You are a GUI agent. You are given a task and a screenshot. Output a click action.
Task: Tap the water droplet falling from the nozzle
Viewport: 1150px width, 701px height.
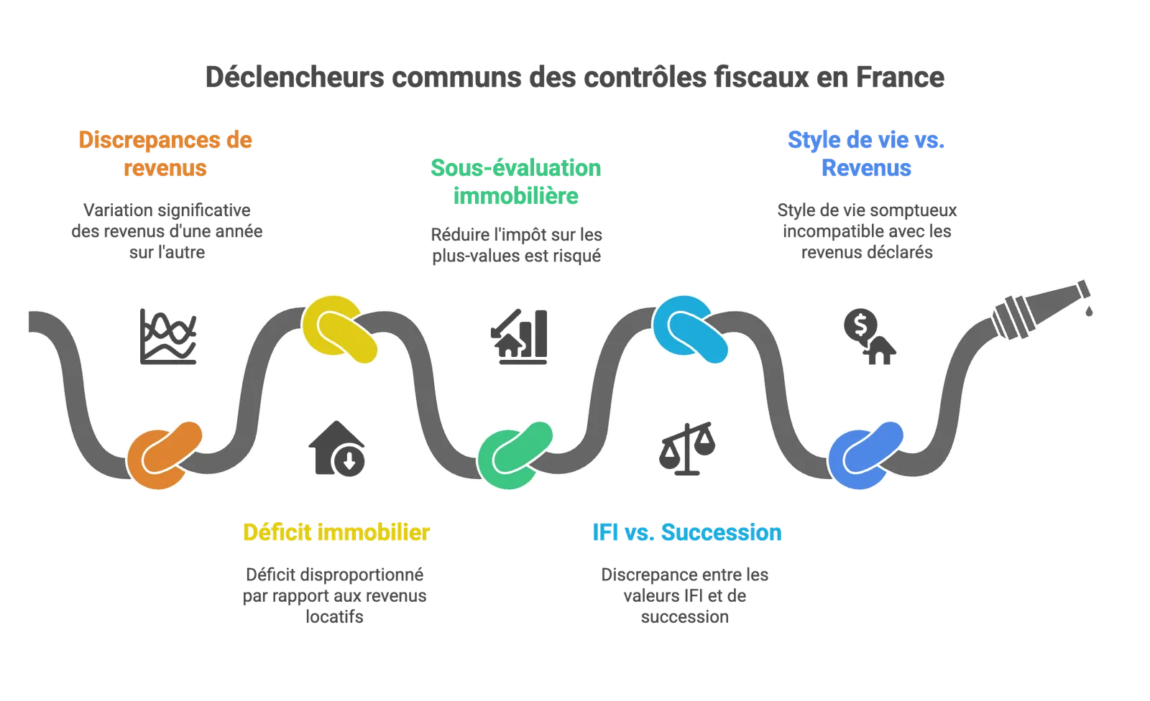point(1088,310)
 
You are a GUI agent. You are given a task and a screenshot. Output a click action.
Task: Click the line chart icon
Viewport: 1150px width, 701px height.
point(168,337)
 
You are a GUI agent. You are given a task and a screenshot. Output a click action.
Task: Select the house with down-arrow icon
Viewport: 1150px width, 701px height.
point(337,448)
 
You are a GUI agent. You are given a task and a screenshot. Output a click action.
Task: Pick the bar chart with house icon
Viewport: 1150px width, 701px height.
point(519,337)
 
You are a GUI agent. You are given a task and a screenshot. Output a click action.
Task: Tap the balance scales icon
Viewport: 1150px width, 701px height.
point(687,448)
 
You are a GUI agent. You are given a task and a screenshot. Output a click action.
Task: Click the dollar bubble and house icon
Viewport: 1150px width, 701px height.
point(870,337)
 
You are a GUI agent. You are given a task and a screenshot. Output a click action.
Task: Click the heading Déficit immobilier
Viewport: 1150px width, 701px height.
point(336,533)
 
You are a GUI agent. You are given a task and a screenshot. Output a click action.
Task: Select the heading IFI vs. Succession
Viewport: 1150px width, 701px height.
point(687,533)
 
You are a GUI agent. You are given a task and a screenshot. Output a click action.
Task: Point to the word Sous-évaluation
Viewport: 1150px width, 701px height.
point(516,168)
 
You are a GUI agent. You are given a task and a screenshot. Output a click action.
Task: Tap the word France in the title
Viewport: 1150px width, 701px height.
point(900,78)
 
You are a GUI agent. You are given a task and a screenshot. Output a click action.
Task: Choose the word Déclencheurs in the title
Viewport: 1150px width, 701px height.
point(295,78)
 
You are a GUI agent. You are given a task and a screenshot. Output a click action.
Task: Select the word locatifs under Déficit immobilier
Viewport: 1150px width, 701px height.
point(334,617)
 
